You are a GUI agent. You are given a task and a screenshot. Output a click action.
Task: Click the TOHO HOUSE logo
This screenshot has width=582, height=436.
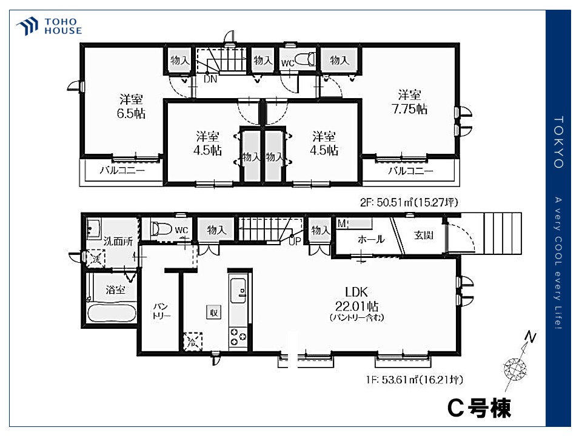point(49,26)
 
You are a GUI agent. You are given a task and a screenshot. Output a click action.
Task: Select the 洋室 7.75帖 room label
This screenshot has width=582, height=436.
point(412,102)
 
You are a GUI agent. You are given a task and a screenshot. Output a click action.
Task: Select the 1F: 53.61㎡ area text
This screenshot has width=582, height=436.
point(415,380)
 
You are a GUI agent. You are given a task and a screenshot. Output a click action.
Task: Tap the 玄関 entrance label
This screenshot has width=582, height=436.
point(423,234)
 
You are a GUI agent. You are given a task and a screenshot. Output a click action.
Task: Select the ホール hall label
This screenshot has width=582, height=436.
point(371,239)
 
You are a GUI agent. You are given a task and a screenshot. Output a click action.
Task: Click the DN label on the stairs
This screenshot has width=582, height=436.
point(210,79)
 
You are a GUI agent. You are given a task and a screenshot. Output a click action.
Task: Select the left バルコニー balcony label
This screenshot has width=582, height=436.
point(122,171)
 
